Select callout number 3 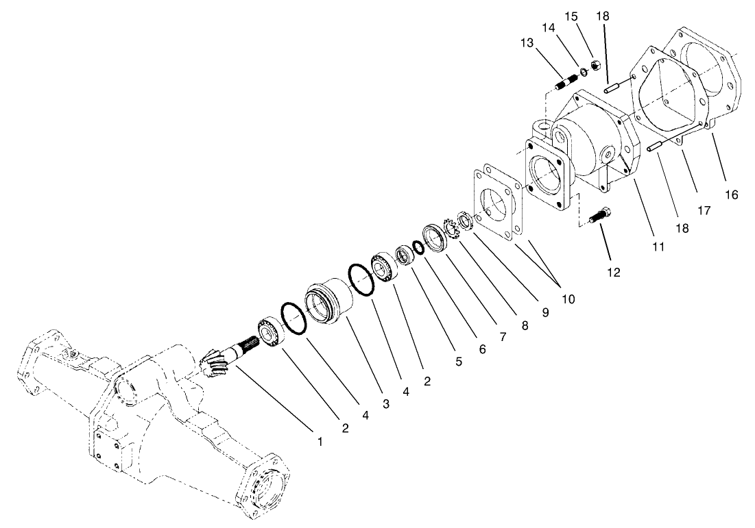[385, 405]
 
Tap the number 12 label [613, 272]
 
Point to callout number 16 [731, 194]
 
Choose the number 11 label [658, 247]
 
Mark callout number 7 [503, 338]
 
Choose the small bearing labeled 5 [405, 254]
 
